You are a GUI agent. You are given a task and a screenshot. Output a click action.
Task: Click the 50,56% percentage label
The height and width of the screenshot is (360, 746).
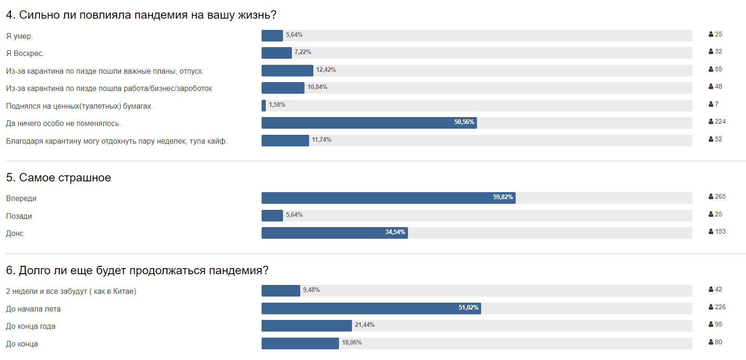coord(464,122)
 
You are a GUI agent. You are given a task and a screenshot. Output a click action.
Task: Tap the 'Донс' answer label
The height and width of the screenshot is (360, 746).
coord(15,234)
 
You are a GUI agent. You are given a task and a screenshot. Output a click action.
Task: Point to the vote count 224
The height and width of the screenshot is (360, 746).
coord(720,122)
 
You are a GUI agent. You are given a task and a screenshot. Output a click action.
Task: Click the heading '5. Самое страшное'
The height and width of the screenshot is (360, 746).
coord(58,178)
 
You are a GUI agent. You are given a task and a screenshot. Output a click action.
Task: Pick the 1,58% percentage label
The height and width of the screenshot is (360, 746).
coord(277,105)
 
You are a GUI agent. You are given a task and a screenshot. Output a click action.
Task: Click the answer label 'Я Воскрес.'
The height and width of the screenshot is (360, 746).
coord(25,54)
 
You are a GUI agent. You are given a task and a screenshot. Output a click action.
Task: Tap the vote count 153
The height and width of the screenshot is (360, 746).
coord(720,232)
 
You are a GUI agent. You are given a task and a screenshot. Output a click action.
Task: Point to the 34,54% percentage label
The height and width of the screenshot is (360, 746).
coord(395,232)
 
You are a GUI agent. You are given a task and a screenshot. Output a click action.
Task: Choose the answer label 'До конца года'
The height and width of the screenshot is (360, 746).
coord(31,326)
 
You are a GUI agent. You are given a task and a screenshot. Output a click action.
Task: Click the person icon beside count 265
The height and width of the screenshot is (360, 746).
coord(711,197)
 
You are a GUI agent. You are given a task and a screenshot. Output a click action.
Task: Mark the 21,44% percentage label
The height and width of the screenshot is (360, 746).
coord(365,325)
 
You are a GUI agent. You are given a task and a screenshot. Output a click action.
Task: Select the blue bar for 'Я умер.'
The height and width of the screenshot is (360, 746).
coord(272,35)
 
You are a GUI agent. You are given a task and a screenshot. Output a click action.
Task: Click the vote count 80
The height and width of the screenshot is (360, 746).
coord(718,342)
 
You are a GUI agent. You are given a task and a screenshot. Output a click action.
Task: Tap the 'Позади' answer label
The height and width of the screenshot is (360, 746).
coord(19,216)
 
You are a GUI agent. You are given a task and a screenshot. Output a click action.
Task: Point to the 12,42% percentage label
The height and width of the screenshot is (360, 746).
coord(326,70)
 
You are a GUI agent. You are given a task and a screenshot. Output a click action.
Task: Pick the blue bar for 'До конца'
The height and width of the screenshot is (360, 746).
coord(300,343)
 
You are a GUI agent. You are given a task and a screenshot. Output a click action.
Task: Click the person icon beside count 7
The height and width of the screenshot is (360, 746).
coord(711,104)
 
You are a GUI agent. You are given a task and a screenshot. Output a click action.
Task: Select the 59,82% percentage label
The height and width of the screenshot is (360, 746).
coord(503,197)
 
